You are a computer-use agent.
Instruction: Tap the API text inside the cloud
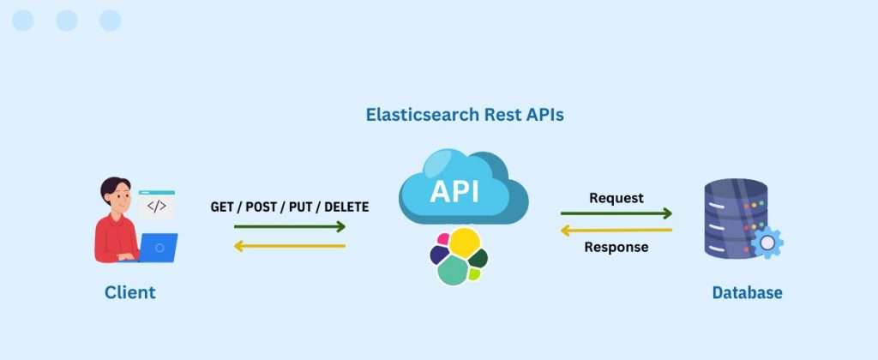click(454, 191)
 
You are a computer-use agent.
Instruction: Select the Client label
click(130, 292)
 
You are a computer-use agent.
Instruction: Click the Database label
click(747, 292)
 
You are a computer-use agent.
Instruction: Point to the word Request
click(616, 198)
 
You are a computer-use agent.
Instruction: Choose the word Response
click(616, 247)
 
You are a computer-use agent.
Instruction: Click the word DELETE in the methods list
click(346, 207)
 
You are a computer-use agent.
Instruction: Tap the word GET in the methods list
click(222, 207)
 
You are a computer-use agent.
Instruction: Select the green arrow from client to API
click(290, 226)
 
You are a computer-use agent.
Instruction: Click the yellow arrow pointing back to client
click(290, 245)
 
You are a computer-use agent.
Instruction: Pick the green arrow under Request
click(616, 213)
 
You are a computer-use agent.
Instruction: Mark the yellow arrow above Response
click(616, 230)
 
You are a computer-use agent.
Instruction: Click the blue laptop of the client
click(158, 248)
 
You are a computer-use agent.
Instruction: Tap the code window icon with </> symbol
click(157, 205)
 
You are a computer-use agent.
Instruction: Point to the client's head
click(116, 195)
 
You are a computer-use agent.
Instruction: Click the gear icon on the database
click(767, 243)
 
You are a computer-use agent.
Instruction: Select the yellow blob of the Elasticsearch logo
click(465, 243)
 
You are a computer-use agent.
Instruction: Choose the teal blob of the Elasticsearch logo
click(453, 271)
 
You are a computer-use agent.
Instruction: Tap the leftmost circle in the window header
click(23, 21)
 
